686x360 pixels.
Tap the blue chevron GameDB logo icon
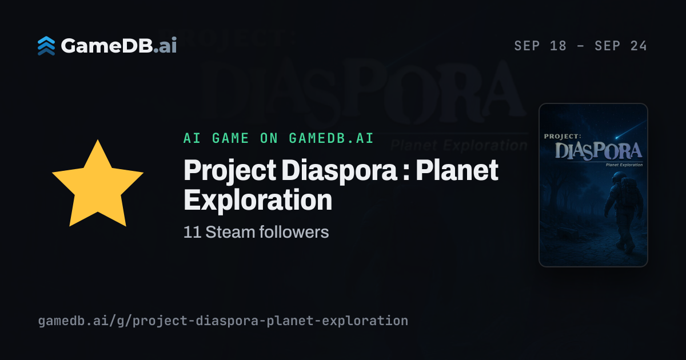(x=46, y=46)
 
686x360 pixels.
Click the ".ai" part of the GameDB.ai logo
(x=165, y=46)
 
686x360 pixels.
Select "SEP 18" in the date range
(x=540, y=46)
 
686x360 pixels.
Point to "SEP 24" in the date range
(x=621, y=46)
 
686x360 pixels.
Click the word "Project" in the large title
(x=230, y=171)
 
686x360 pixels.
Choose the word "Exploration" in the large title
(x=258, y=200)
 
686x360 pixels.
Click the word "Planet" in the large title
(x=457, y=170)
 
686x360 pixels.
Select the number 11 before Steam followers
(x=192, y=232)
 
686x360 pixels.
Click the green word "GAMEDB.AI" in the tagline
(x=331, y=138)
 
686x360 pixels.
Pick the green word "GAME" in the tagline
(x=230, y=138)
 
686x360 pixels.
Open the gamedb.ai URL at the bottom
(x=223, y=321)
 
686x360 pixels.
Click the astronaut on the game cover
(x=620, y=211)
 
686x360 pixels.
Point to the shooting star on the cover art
(x=629, y=130)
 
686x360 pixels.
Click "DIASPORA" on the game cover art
(x=599, y=151)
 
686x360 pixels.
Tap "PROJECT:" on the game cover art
(x=563, y=136)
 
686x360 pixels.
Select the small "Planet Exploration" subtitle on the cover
(x=624, y=165)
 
